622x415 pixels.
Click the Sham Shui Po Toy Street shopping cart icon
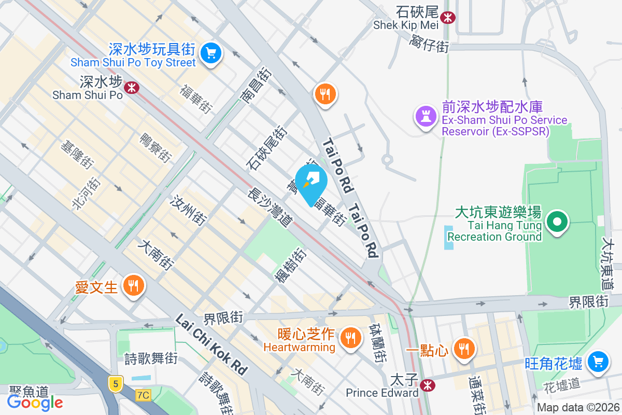click(210, 53)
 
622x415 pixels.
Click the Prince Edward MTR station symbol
click(428, 385)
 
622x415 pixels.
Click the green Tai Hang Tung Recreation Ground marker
click(557, 223)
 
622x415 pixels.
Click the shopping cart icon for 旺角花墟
click(598, 361)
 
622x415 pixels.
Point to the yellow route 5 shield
click(116, 384)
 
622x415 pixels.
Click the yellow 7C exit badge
click(143, 395)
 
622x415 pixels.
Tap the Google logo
click(35, 402)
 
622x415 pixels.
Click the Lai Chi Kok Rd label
click(211, 344)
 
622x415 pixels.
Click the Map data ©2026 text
click(577, 407)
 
